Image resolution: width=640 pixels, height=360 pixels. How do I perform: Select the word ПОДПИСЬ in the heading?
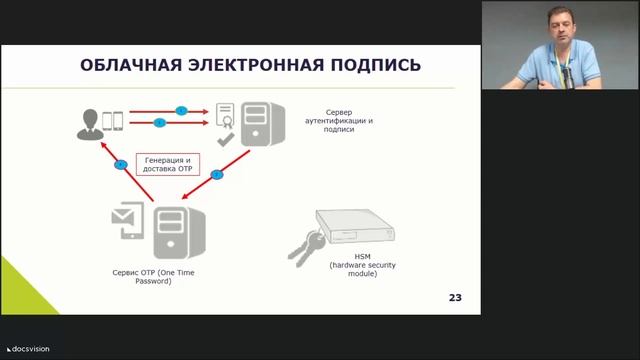(x=371, y=66)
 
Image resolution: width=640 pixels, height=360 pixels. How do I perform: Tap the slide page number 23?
(x=454, y=298)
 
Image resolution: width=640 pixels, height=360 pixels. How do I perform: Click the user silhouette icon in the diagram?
(x=88, y=121)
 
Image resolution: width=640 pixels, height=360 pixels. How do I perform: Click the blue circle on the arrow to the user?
(x=121, y=164)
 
